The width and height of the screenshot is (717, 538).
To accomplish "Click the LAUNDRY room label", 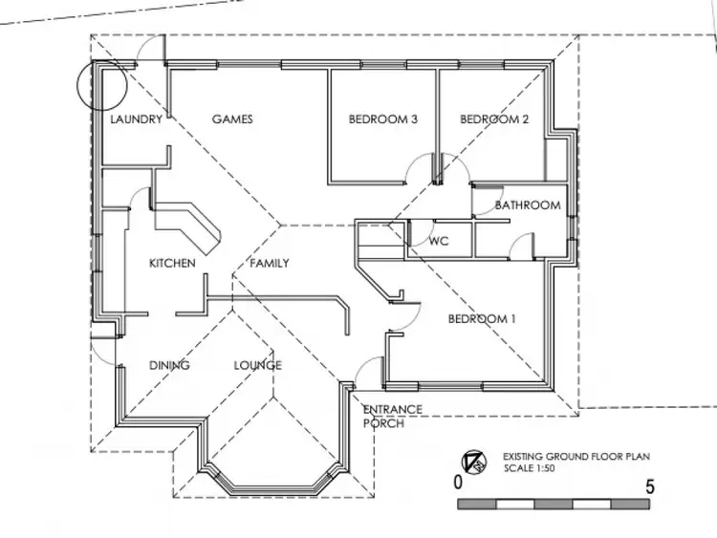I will point(137,119).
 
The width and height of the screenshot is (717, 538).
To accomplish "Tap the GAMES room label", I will point(232,119).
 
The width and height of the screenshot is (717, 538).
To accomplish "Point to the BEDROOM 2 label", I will point(494,119).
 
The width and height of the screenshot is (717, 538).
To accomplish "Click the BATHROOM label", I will point(528,205).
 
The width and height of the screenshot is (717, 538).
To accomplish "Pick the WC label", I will point(439,242).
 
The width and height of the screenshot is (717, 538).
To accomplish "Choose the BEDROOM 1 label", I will point(483,319).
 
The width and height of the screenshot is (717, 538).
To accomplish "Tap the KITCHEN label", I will point(172,263).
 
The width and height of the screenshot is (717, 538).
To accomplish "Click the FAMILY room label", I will point(270,263).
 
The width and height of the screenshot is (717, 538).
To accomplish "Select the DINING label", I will point(169,365).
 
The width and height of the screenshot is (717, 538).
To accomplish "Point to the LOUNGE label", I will point(257,365).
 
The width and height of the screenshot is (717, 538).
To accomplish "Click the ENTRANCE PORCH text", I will point(392,417).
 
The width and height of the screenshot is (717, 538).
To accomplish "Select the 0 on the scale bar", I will point(459,484).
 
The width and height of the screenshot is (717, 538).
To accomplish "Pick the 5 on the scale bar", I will point(651,484).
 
